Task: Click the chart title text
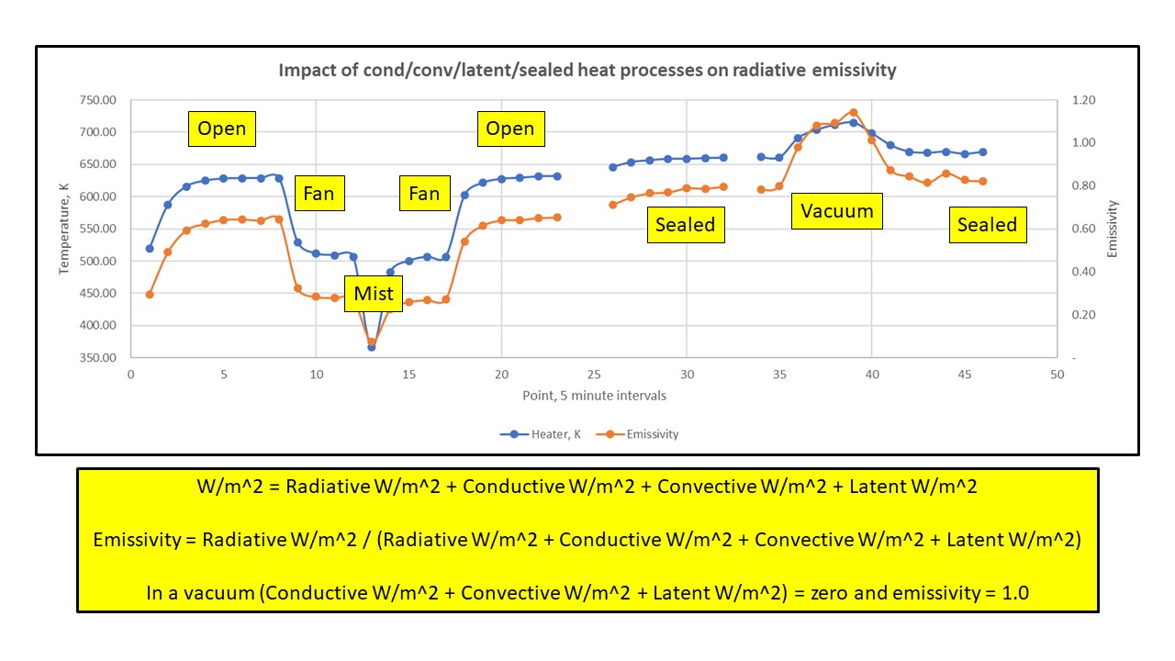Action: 587,70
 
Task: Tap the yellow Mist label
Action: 374,294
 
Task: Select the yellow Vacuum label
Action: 836,211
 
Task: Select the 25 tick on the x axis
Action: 594,375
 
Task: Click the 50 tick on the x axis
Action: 1057,375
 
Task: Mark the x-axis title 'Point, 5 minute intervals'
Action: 593,396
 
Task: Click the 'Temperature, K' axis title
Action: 65,229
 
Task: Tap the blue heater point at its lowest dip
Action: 372,347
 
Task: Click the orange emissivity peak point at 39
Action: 853,112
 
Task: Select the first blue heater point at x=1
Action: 150,248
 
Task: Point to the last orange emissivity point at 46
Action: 983,181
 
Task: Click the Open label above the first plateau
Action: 222,129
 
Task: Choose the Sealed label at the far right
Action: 987,225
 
